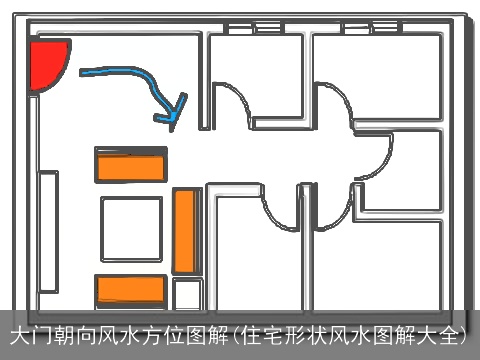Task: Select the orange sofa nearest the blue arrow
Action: click(x=130, y=164)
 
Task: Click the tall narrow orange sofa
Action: click(x=185, y=230)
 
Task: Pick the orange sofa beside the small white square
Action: click(x=130, y=290)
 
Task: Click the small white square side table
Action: click(x=187, y=294)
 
